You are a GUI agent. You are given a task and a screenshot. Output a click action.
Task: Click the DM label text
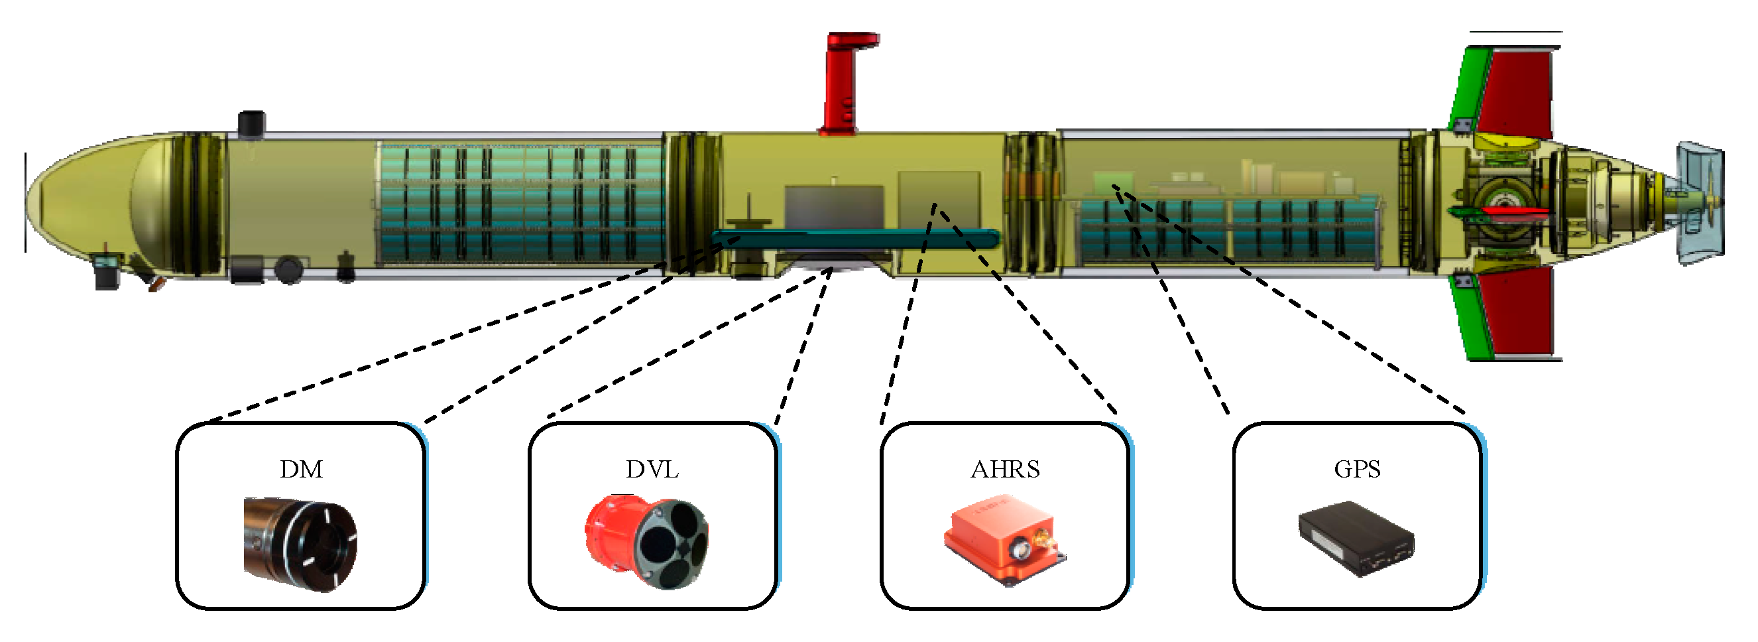coord(301,470)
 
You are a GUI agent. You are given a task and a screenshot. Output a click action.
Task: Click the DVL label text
coord(652,470)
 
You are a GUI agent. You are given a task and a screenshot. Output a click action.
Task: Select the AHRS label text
coord(1004,470)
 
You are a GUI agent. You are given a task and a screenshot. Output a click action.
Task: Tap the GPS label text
coord(1357,470)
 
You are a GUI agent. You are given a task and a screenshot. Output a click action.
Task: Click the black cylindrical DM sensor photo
coord(300,544)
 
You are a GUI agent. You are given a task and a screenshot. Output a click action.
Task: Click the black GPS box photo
coord(1356,540)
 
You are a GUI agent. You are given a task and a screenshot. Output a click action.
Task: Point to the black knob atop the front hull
coord(251,123)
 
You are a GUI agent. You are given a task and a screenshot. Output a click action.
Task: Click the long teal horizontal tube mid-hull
coord(853,238)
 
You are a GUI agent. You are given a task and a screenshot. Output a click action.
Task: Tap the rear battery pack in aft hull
coord(1228,231)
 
